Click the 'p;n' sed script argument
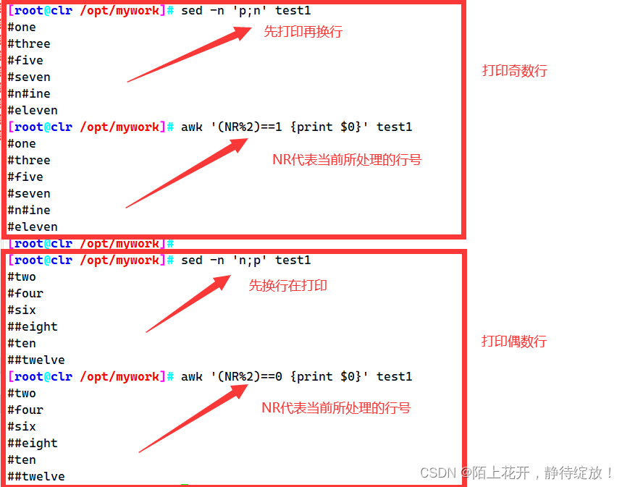[x=250, y=11]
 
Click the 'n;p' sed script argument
[x=250, y=261]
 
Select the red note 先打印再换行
[x=303, y=31]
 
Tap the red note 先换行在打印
[x=287, y=286]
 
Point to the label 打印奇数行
[x=515, y=71]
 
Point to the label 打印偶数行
[x=513, y=341]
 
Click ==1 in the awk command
[x=272, y=127]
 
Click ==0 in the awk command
[x=272, y=376]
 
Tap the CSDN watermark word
[x=438, y=473]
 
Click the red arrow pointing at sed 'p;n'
[x=189, y=54]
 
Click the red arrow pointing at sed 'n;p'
[x=188, y=304]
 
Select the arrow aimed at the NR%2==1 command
[x=187, y=173]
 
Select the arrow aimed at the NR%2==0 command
[x=193, y=418]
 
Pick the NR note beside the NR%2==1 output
[x=347, y=160]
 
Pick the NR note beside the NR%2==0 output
[x=336, y=407]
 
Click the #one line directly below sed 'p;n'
[x=22, y=27]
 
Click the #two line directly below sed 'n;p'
[x=22, y=277]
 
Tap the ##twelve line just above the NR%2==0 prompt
[x=36, y=360]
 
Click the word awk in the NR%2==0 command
[x=192, y=376]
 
